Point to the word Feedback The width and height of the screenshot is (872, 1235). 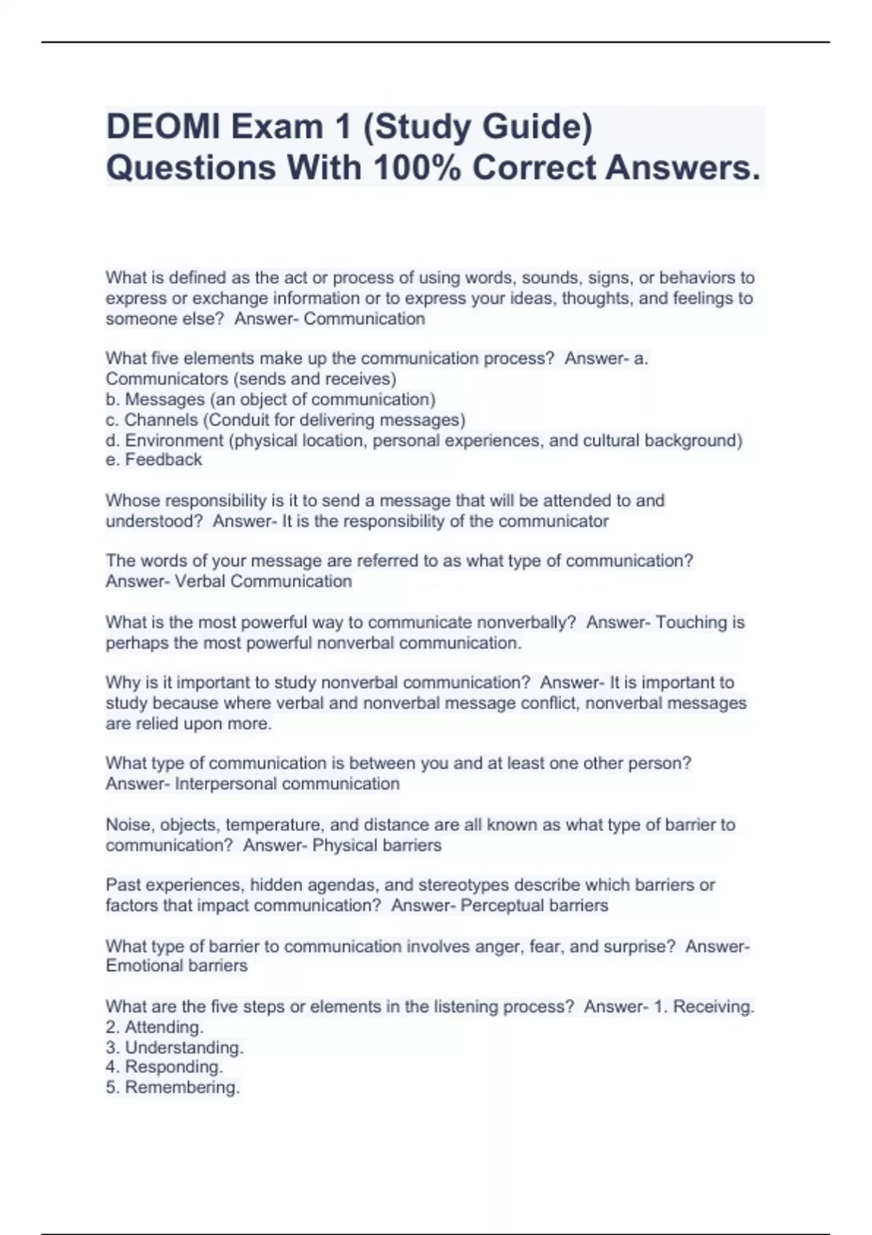(x=163, y=460)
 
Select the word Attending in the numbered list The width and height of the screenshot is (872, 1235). (x=163, y=1027)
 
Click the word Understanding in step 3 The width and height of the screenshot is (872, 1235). (x=184, y=1048)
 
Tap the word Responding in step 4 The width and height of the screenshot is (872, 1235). (x=174, y=1067)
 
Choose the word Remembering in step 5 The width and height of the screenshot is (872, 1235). (x=182, y=1088)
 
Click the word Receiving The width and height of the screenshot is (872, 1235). (x=714, y=1007)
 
